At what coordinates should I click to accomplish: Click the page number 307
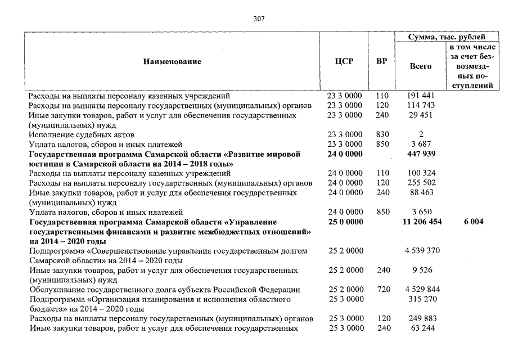point(259,19)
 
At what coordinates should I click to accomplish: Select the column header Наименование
point(172,61)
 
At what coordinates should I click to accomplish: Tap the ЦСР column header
point(344,61)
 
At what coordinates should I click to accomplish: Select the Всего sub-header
point(421,66)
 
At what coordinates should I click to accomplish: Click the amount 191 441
point(421,96)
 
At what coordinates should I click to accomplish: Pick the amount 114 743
point(421,106)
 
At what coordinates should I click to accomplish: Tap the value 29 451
point(421,115)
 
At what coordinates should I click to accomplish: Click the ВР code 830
point(382,134)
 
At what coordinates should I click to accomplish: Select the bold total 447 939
point(421,154)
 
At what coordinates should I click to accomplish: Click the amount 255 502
point(421,183)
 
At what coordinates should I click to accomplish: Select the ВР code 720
point(382,290)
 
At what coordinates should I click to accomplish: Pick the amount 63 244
point(421,328)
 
